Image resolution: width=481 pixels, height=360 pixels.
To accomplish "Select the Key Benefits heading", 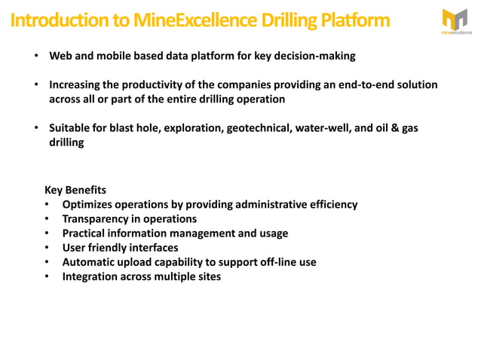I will point(75,190).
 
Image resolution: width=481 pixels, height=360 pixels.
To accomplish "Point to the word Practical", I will point(86,233).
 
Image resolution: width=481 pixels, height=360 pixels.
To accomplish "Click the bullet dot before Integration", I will point(47,276).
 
